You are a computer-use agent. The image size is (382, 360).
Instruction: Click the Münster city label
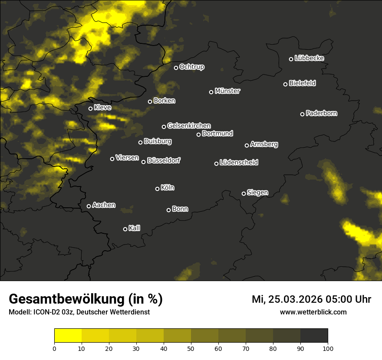(227, 91)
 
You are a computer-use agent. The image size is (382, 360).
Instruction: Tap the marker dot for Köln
(157, 189)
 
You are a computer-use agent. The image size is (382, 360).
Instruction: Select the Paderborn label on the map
(321, 113)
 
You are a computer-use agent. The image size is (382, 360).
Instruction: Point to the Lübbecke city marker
(291, 59)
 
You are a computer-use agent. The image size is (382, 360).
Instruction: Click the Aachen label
(104, 205)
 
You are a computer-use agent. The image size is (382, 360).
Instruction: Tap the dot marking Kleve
(90, 108)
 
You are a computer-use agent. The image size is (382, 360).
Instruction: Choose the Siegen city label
(257, 193)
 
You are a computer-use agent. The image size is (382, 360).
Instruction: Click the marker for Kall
(125, 229)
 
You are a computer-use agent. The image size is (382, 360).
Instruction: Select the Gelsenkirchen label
(189, 126)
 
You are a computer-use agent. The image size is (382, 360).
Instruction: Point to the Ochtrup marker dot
(176, 68)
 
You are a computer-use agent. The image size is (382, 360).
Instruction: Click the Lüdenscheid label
(239, 163)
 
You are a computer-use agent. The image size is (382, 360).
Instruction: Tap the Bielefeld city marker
(285, 84)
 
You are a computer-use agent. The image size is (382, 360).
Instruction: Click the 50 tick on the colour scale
(191, 348)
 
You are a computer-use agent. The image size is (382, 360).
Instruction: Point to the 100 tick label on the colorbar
(328, 348)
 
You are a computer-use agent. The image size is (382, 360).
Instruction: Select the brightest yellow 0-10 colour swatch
(68, 336)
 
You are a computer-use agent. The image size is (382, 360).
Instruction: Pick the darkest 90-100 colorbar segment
(314, 336)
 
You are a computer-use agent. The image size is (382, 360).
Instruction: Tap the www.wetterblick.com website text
(313, 312)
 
